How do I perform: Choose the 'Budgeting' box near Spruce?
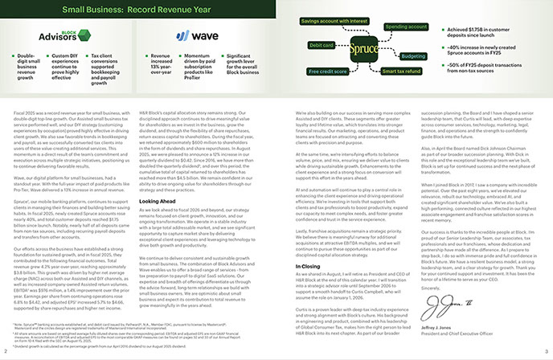coord(413,56)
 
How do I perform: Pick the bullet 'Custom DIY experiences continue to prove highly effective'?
coord(70,67)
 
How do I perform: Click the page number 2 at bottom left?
coord(4,352)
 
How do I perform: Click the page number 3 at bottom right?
coord(547,352)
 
